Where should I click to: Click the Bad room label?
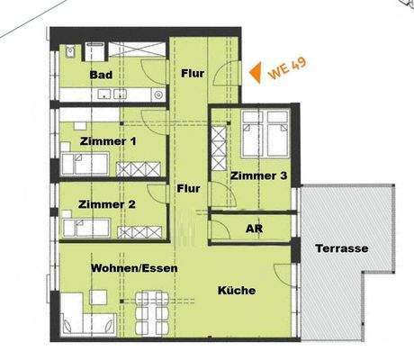coord(101,76)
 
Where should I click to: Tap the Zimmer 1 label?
coord(108,141)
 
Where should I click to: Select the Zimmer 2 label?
coord(107,204)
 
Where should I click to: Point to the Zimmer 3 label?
coord(258,176)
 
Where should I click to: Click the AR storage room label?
coord(255,229)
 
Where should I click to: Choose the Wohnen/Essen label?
coord(134,268)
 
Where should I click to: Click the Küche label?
coord(237,290)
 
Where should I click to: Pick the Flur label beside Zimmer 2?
coord(188,188)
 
